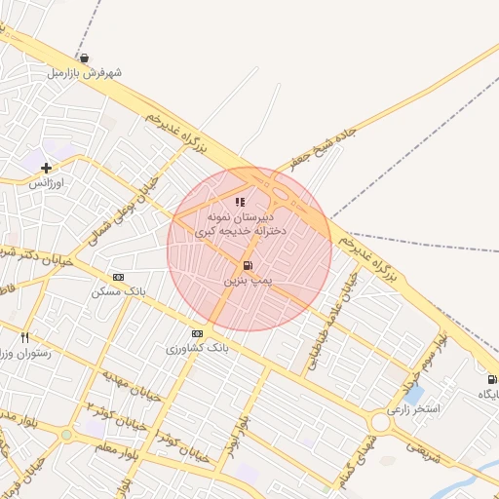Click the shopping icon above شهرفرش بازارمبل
tap(86, 58)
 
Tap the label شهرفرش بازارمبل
tap(86, 73)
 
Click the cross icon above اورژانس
tap(46, 168)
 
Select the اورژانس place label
tap(46, 183)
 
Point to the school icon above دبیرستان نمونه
tap(240, 202)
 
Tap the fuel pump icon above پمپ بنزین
tap(248, 265)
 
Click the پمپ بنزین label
tap(247, 281)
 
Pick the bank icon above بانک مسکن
tap(119, 277)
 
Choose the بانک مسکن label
tap(118, 291)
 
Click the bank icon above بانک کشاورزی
tap(198, 332)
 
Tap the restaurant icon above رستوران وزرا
tap(24, 337)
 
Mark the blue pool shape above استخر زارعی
tap(415, 395)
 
